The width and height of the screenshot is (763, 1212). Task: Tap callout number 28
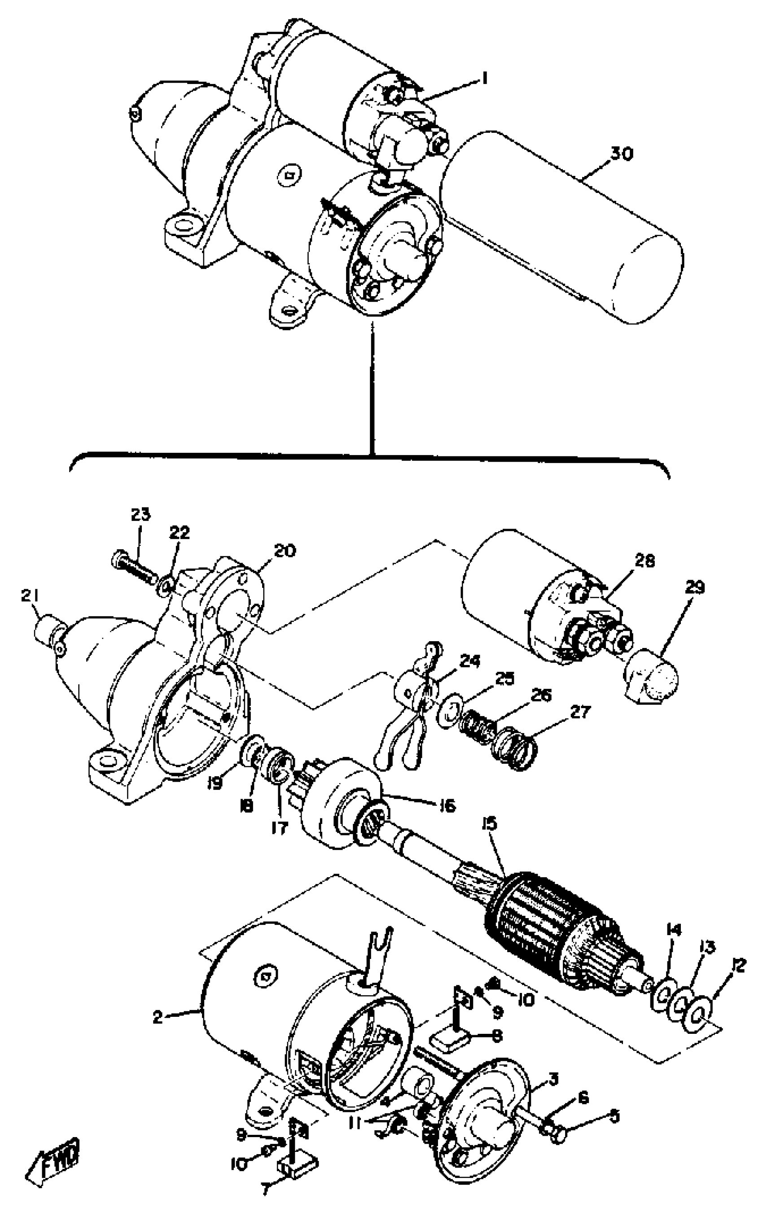[x=644, y=561]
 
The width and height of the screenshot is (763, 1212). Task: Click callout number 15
[x=489, y=824]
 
